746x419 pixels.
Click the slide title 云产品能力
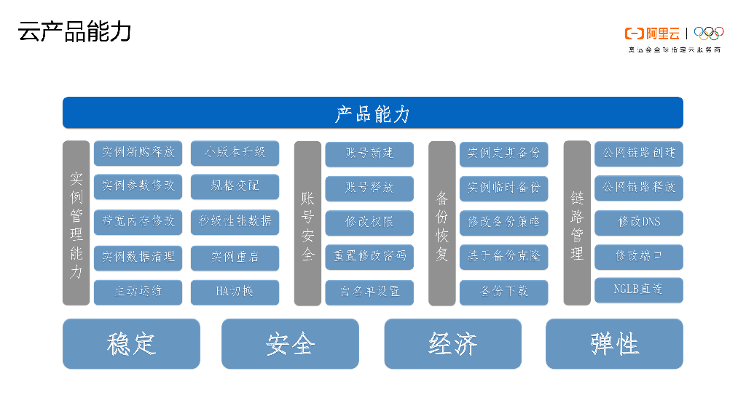[x=75, y=33]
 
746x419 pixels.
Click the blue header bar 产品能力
[x=372, y=113]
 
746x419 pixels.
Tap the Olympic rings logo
[x=708, y=33]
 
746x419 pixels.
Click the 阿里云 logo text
[x=653, y=33]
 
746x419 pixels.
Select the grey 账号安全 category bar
[x=307, y=223]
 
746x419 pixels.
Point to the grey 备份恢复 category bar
[x=441, y=223]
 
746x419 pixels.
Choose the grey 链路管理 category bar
[x=577, y=223]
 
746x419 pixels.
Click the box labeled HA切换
[x=235, y=292]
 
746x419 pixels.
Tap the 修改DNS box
[x=639, y=222]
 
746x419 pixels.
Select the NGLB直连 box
[x=639, y=290]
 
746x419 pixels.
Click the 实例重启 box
[x=235, y=257]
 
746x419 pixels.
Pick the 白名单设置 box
[x=369, y=292]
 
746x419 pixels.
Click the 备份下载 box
[x=503, y=292]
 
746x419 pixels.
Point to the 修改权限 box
[x=369, y=222]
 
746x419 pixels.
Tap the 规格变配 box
[x=235, y=187]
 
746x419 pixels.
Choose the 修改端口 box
[x=639, y=256]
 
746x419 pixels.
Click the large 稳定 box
[x=131, y=343]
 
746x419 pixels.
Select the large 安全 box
[x=290, y=343]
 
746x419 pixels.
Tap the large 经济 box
[x=452, y=343]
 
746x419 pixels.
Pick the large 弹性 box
[x=614, y=343]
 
